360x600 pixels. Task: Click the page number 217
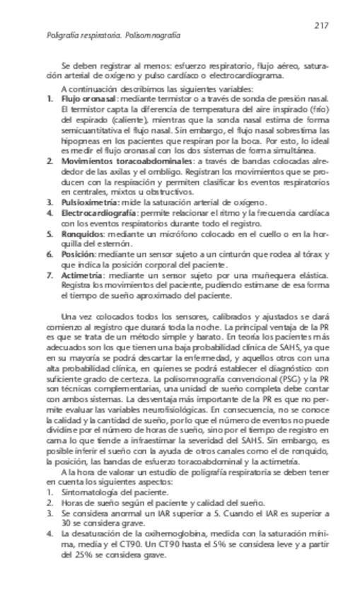coord(322,26)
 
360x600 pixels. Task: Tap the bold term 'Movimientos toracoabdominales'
coord(117,161)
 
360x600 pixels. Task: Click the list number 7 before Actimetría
coord(50,274)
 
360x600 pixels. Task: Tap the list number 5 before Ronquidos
coord(50,233)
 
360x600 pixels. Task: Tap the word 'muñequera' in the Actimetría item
coord(262,274)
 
